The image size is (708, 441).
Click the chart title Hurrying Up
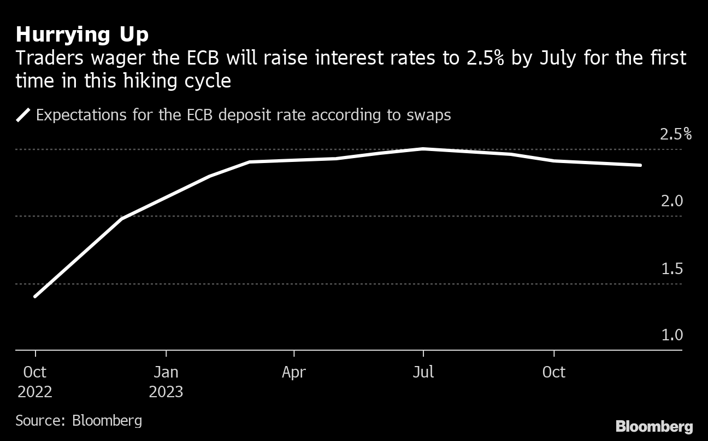point(82,35)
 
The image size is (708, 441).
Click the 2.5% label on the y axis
point(675,134)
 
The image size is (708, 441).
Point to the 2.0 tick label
point(672,201)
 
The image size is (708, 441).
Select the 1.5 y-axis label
point(672,269)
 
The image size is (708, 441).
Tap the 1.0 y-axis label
point(672,335)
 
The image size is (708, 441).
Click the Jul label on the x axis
point(423,373)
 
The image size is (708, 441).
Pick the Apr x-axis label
point(294,373)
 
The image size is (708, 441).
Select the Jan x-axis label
point(166,373)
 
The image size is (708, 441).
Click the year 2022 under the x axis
point(35,392)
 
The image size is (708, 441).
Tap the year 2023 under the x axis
point(166,392)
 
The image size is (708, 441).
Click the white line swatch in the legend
point(23,115)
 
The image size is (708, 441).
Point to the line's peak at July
point(423,148)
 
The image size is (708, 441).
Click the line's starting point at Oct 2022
point(36,297)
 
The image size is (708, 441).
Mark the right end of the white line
point(640,165)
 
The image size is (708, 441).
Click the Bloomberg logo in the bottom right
point(654,427)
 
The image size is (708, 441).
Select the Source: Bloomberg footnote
point(79,421)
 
